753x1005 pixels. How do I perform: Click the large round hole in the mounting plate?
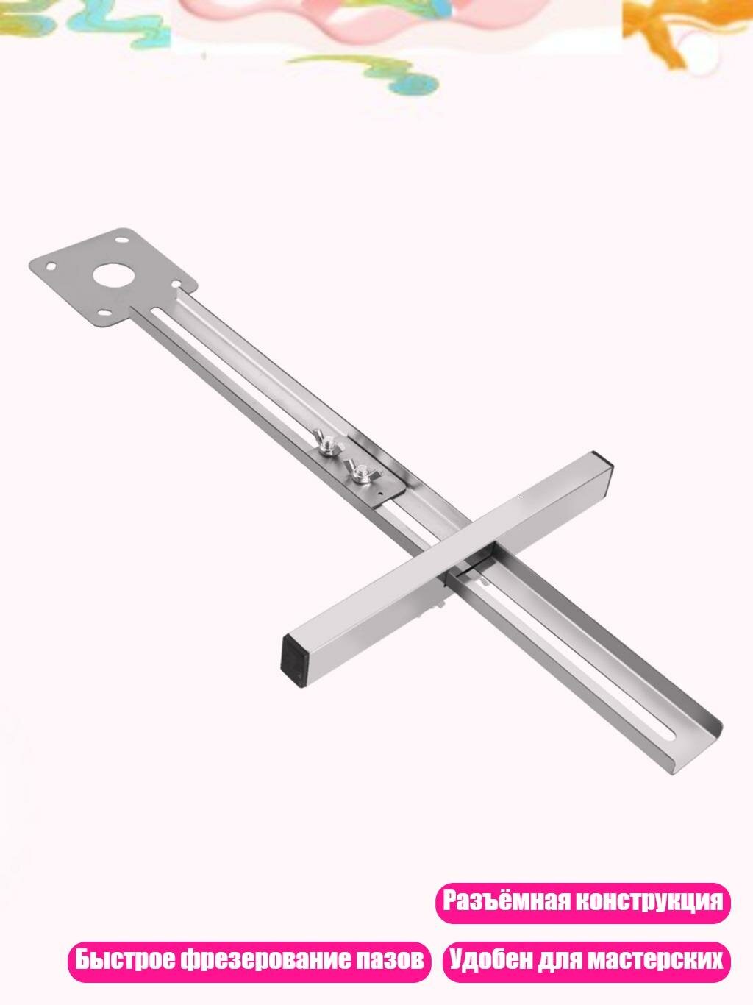point(115,276)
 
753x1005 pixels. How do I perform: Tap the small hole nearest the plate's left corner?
point(51,266)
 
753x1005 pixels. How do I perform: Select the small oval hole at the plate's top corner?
point(121,239)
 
